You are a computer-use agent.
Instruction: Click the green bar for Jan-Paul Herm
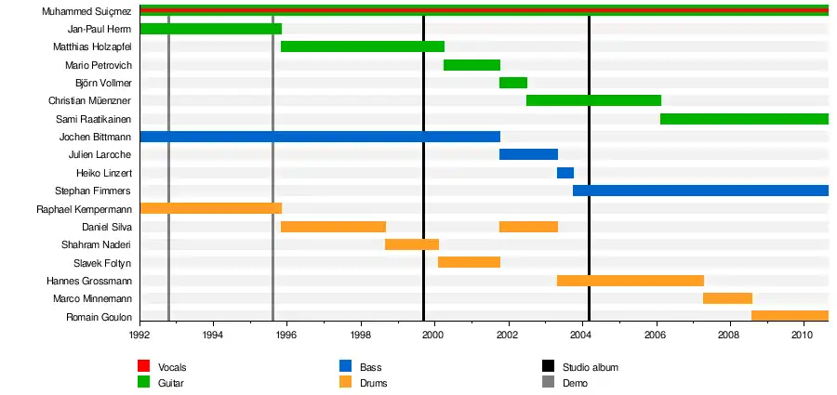point(210,29)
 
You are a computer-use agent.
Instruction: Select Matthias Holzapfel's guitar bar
point(362,46)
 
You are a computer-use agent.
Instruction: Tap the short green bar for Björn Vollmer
point(512,83)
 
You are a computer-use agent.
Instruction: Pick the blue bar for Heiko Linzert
point(565,173)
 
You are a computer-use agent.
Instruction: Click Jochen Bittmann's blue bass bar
point(319,137)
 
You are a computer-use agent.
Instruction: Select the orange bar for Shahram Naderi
point(411,244)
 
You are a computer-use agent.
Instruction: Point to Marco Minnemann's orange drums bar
point(727,298)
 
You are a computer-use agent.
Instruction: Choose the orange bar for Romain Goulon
point(790,316)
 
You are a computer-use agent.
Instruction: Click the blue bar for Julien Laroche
point(528,154)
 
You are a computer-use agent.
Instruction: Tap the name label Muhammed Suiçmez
point(86,11)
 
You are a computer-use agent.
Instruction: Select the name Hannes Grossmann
point(88,281)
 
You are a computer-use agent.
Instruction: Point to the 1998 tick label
point(360,335)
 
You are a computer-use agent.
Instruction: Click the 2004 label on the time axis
point(581,335)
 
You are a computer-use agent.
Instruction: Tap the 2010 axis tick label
point(803,335)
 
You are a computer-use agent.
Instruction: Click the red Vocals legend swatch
point(144,367)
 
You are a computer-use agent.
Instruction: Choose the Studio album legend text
point(590,367)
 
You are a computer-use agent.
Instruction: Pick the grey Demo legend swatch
point(547,383)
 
